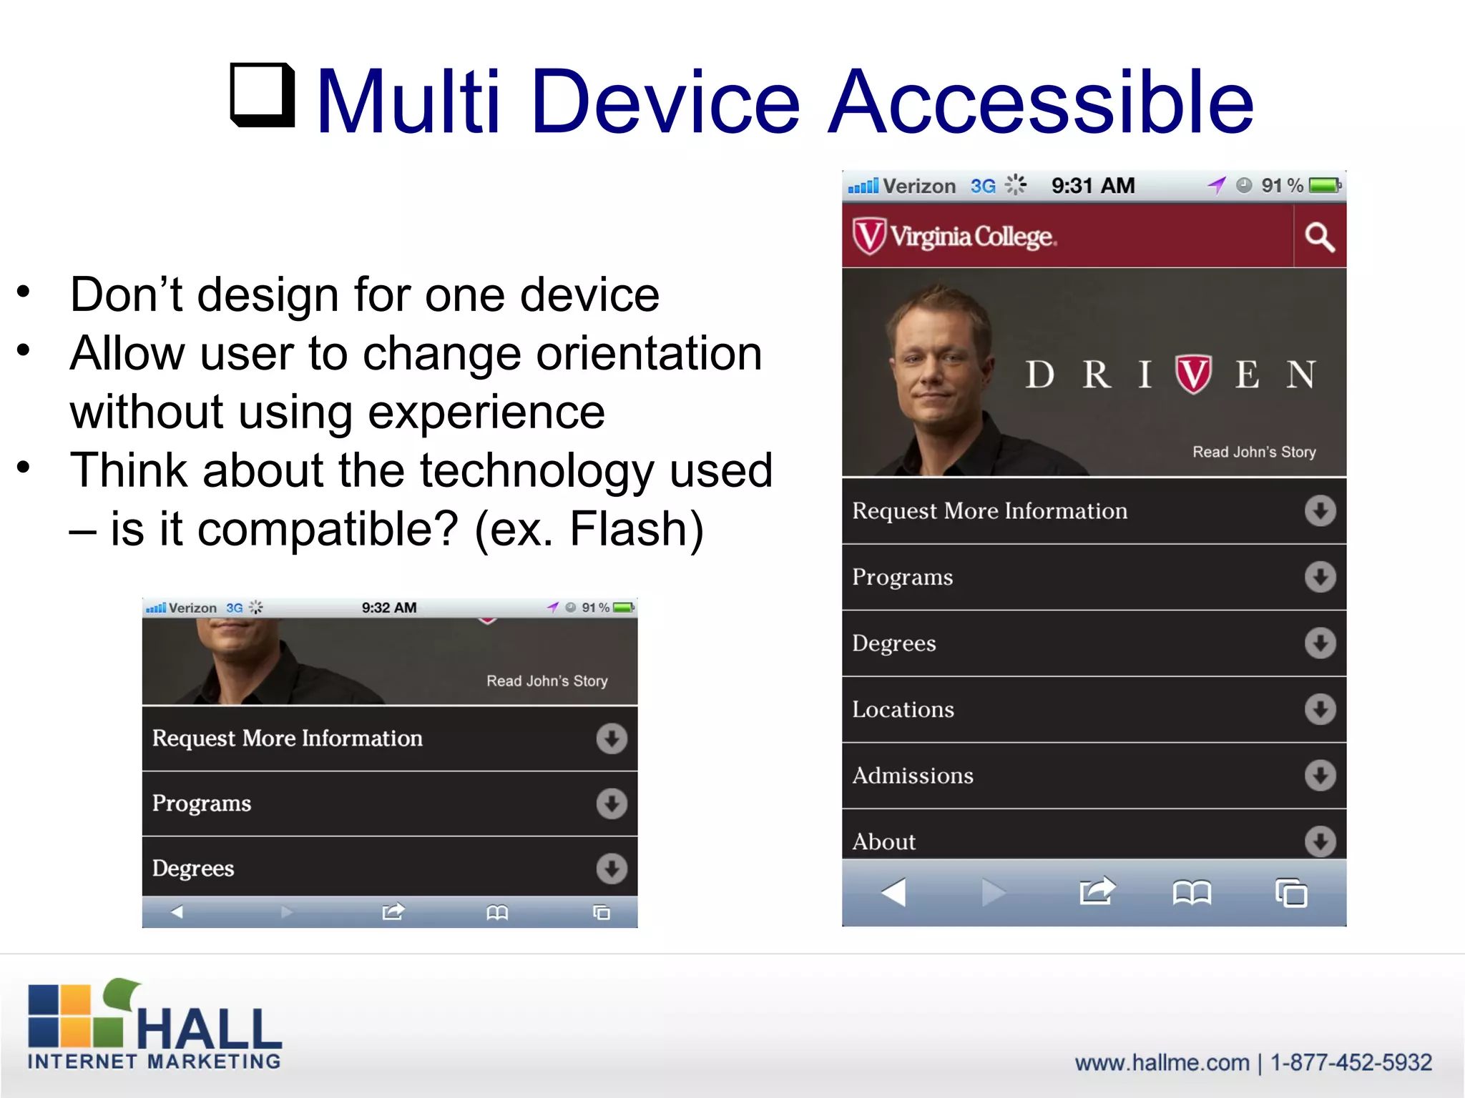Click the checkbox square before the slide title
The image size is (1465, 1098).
[262, 94]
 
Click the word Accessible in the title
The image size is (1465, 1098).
[1041, 102]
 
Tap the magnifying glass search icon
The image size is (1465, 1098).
[1319, 237]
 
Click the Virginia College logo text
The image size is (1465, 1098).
[971, 237]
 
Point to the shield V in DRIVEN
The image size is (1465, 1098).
[1192, 374]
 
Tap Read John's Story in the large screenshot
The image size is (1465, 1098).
[1253, 452]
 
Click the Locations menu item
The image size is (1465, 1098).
[903, 709]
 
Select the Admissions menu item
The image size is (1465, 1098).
[912, 776]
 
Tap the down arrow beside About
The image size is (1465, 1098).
[1319, 841]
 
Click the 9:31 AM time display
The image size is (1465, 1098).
[1092, 186]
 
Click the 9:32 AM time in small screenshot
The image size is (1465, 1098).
[388, 608]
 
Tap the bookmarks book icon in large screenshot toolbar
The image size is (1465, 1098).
[1191, 893]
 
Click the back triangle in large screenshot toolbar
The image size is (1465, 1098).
[893, 892]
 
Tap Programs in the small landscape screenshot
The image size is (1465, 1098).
[202, 803]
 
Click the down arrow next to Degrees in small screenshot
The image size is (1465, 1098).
[611, 869]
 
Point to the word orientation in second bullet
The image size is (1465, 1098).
[649, 353]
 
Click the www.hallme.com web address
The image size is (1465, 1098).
[1162, 1063]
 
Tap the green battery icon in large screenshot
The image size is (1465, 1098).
[1324, 186]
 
